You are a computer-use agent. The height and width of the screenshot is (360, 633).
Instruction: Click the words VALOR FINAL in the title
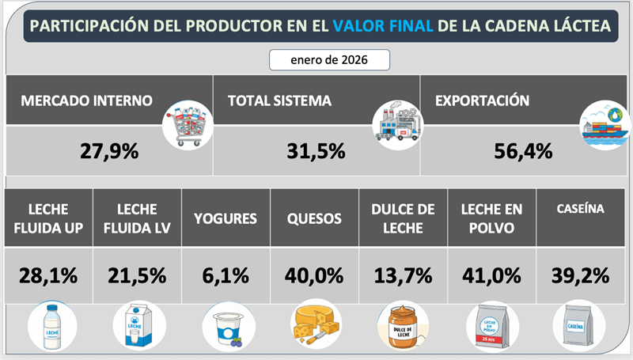(x=383, y=26)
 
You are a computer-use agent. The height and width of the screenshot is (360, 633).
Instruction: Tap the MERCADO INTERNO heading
(x=87, y=101)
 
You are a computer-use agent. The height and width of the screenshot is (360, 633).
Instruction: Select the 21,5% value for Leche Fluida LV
(x=136, y=275)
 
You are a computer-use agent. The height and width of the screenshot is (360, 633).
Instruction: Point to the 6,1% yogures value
(x=225, y=275)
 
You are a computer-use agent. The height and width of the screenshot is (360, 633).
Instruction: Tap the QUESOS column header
(x=314, y=218)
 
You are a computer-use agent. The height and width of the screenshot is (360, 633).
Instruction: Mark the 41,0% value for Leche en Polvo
(x=491, y=275)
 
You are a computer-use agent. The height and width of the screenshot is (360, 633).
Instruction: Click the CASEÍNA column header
(x=581, y=210)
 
